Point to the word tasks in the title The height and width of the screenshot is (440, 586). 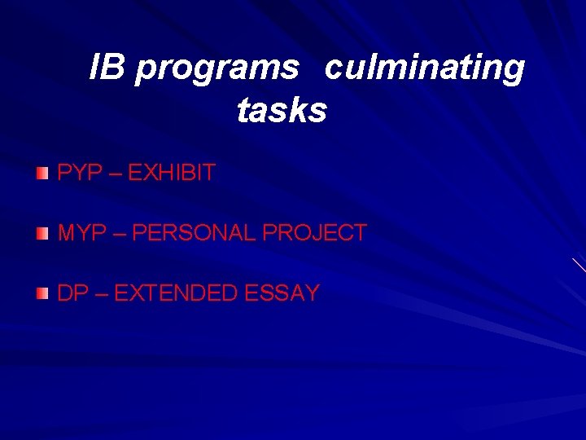pos(282,110)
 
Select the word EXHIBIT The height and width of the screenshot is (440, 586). pos(172,173)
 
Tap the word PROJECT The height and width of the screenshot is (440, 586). pos(314,233)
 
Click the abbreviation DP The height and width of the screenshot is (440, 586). pos(72,293)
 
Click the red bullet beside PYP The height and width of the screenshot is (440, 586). pos(42,173)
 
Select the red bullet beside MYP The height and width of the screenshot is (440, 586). pos(42,234)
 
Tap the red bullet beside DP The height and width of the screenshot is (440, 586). pos(42,294)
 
